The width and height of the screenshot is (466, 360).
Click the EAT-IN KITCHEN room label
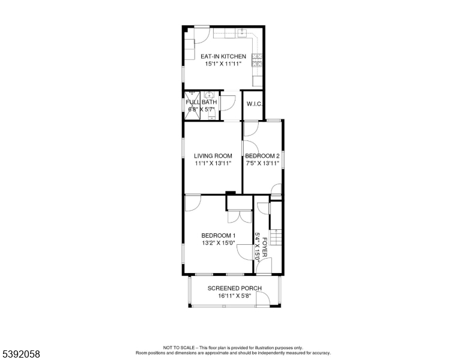click(x=223, y=56)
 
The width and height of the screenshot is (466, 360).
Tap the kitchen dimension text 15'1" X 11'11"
click(x=223, y=64)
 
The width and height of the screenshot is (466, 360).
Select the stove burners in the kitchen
click(x=257, y=60)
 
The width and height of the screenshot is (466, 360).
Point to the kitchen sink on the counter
click(x=242, y=32)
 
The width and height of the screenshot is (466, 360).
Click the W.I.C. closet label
click(x=255, y=104)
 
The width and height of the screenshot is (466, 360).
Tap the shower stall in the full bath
click(x=192, y=106)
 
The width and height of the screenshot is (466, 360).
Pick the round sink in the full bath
click(x=210, y=95)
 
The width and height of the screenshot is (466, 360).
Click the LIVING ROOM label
click(x=213, y=156)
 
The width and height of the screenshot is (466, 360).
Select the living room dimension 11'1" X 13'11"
click(x=213, y=163)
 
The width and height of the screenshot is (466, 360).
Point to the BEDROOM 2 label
click(x=262, y=156)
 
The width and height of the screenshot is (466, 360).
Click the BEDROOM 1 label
click(x=219, y=236)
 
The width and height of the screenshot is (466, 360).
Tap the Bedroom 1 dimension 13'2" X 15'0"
click(x=219, y=243)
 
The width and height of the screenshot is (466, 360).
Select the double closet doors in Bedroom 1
click(x=240, y=216)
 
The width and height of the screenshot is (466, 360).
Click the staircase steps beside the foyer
click(x=276, y=237)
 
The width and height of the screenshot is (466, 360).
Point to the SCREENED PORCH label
click(x=234, y=288)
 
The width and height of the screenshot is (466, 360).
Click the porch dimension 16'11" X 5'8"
click(x=234, y=296)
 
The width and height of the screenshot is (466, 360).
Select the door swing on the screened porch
click(x=263, y=298)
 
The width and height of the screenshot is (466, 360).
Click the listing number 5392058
click(x=21, y=354)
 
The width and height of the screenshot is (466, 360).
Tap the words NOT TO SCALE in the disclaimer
click(x=178, y=347)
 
